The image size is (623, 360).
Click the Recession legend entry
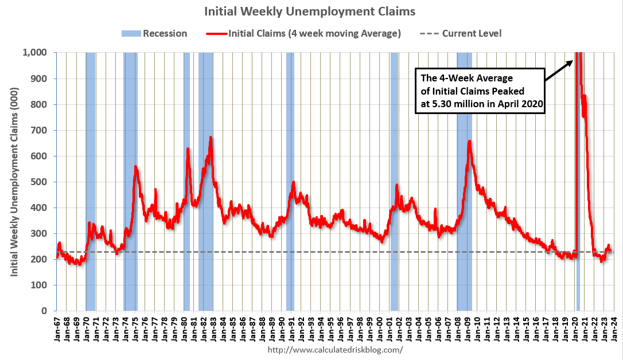pyautogui.click(x=154, y=33)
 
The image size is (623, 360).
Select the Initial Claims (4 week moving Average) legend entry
pyautogui.click(x=303, y=33)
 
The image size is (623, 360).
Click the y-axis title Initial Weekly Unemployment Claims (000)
pyautogui.click(x=15, y=182)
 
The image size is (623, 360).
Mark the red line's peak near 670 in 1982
pyautogui.click(x=211, y=138)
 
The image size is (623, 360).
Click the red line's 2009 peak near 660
pyautogui.click(x=469, y=141)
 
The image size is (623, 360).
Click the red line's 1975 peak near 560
pyautogui.click(x=135, y=167)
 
